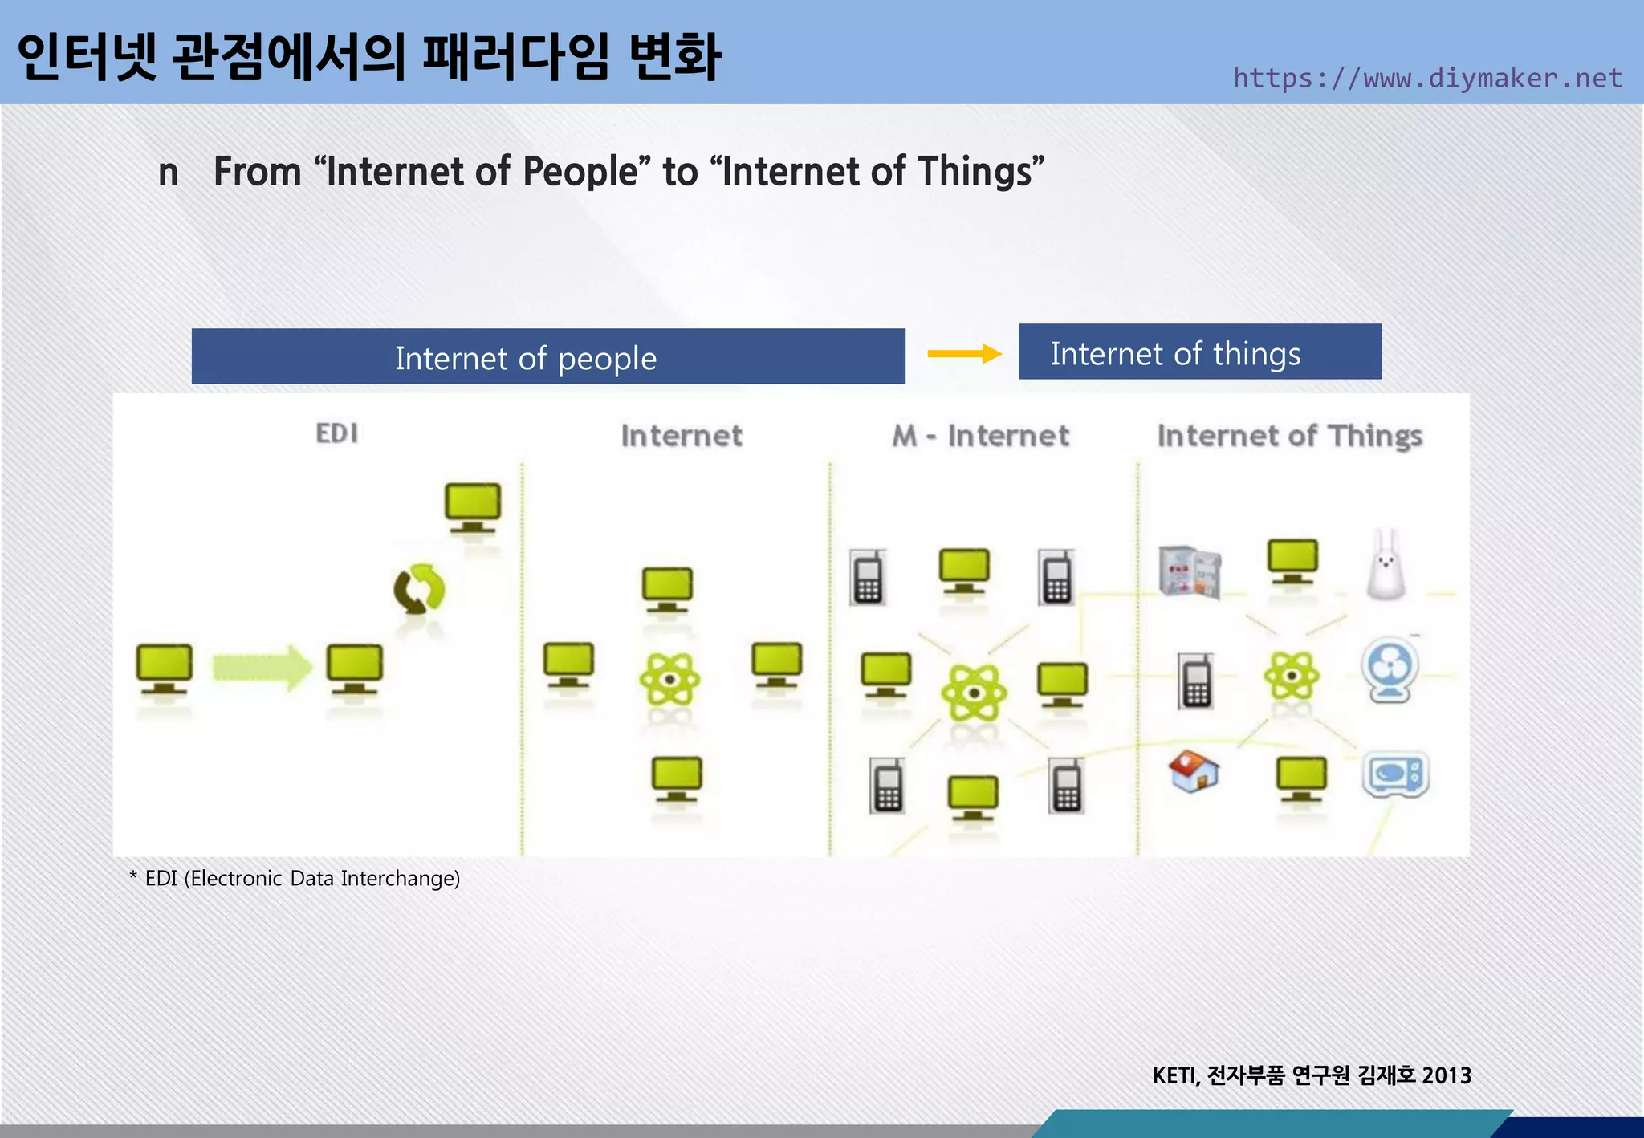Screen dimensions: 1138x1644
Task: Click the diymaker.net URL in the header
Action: (x=1427, y=78)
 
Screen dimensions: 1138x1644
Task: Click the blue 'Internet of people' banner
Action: (x=548, y=357)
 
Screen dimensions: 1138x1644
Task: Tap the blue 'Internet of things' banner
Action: (x=1199, y=353)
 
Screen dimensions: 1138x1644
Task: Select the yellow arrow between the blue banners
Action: (x=964, y=353)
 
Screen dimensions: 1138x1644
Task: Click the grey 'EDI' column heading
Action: (x=336, y=433)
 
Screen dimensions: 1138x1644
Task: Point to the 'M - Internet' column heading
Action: (x=980, y=436)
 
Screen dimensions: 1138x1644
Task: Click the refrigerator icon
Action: (x=1190, y=571)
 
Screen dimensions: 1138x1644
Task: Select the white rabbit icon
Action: (x=1386, y=566)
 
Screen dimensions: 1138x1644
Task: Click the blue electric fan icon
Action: (x=1390, y=670)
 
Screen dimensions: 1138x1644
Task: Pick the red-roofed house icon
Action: (x=1193, y=771)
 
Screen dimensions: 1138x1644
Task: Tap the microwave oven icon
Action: (x=1396, y=774)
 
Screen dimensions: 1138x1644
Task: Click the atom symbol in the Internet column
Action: (x=669, y=679)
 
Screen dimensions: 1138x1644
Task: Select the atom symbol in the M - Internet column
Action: (x=974, y=693)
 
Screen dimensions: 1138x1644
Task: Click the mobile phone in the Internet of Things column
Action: (x=1195, y=681)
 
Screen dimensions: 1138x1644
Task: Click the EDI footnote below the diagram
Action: (x=295, y=878)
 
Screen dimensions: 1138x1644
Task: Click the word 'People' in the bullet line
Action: (x=580, y=172)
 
